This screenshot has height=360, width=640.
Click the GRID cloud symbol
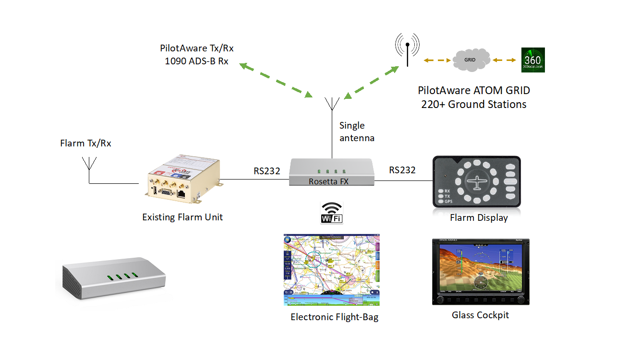[x=471, y=60]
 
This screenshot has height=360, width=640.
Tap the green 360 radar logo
[x=533, y=60]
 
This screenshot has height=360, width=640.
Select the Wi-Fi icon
[x=331, y=213]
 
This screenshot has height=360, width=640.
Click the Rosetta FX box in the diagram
[x=331, y=172]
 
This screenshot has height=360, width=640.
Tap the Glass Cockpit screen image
[x=481, y=272]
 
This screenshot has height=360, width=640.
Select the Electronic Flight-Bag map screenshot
[x=331, y=270]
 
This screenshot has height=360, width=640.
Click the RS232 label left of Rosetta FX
[x=267, y=170]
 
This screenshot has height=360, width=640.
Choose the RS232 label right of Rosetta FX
[x=402, y=170]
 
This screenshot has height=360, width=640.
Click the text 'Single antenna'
[x=356, y=132]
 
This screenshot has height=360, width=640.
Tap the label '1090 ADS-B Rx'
[x=196, y=61]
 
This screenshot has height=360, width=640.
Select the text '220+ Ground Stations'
[x=473, y=104]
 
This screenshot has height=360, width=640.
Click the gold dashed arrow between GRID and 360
[x=504, y=60]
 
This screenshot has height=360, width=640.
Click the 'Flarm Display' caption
[x=479, y=218]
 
